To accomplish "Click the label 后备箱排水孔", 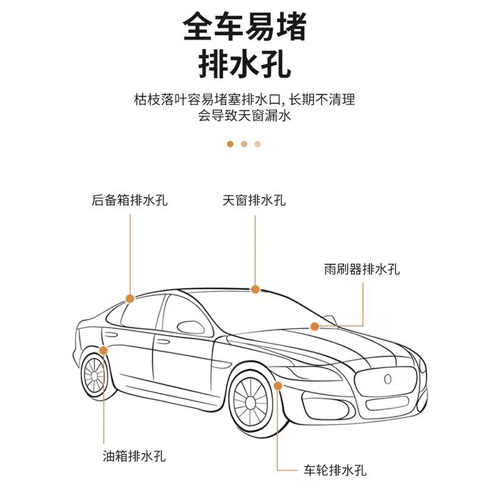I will (x=129, y=200).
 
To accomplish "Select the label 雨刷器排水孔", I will (x=362, y=269).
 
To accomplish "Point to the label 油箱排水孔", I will (x=134, y=456).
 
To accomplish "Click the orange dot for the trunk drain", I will (x=129, y=298).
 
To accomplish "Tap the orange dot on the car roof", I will (x=256, y=289).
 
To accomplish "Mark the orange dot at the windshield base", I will (x=315, y=327).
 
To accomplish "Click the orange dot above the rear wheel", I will (x=104, y=350).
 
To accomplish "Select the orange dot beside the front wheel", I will (x=278, y=385).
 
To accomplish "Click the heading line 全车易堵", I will (x=244, y=27).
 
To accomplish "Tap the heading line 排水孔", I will (x=244, y=63).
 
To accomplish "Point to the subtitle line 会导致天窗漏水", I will (x=244, y=115).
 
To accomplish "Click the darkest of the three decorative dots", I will (x=230, y=145).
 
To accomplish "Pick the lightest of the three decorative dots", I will (x=258, y=145).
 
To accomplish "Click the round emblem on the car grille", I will (x=387, y=378).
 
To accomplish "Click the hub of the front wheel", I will (x=251, y=401).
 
